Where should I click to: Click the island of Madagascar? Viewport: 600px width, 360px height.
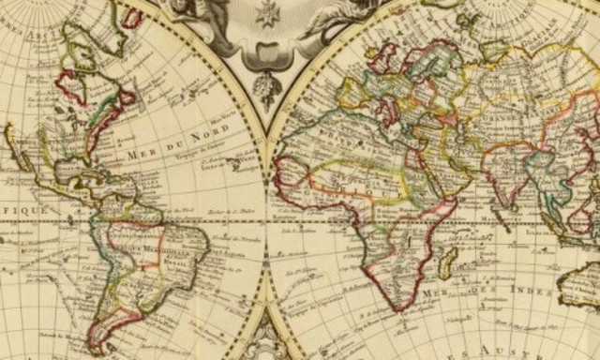[x=448, y=259]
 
